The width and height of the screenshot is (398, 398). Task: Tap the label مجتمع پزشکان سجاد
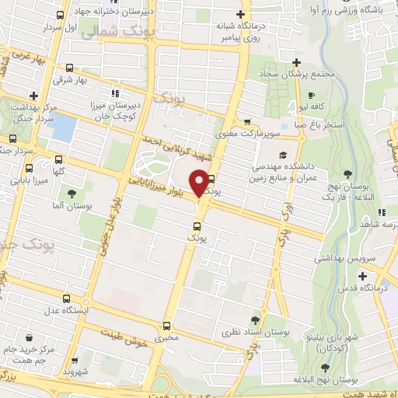pos(295,75)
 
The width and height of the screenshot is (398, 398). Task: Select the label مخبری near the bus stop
pos(165,338)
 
